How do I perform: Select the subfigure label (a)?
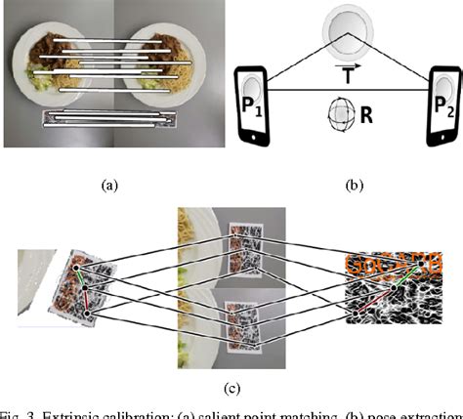[x=108, y=182]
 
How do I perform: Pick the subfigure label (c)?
[x=231, y=388]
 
